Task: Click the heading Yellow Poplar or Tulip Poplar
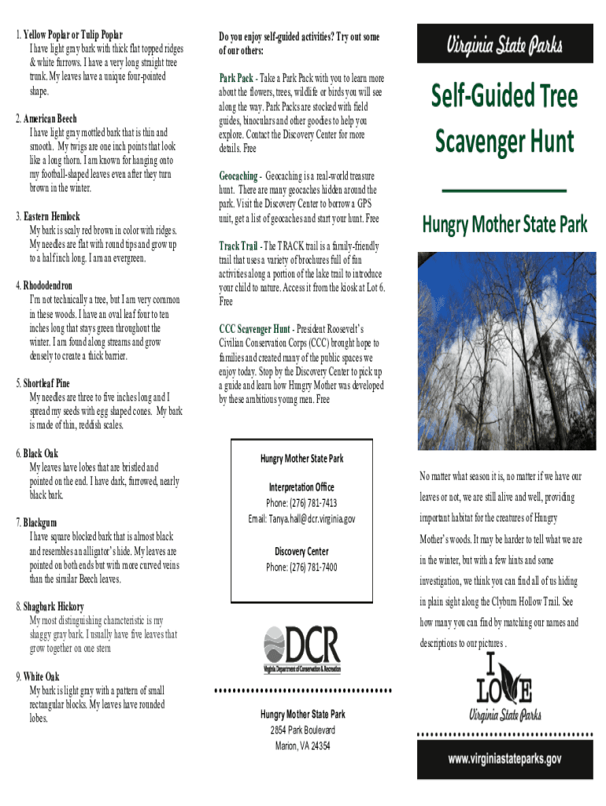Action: coord(72,35)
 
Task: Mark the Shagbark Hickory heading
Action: coord(54,607)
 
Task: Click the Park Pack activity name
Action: coord(236,79)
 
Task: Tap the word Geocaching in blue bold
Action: coord(238,176)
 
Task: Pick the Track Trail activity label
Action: coord(238,246)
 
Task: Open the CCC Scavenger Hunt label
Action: coord(254,329)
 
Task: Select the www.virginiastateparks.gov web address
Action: coord(504,759)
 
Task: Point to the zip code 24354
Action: coord(318,746)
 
